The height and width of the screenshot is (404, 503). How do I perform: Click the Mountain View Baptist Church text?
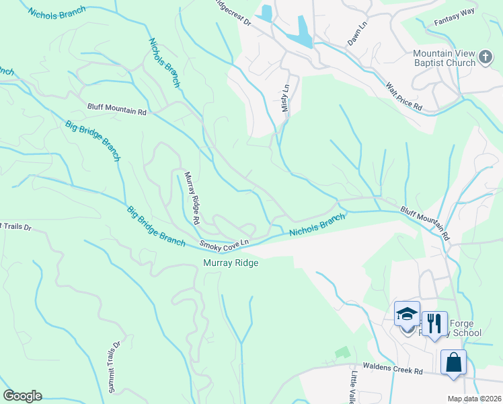tap(444, 59)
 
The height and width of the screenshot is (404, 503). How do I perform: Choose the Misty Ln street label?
tap(286, 98)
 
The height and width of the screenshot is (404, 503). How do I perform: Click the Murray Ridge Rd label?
tap(192, 197)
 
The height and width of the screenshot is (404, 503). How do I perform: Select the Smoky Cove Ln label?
tap(224, 242)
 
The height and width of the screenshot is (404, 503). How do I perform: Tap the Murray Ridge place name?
tap(231, 263)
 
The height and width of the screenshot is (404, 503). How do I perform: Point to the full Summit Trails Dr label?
tap(115, 367)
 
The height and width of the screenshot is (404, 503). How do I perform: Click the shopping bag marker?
tap(453, 362)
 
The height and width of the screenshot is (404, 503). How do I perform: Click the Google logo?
tap(22, 395)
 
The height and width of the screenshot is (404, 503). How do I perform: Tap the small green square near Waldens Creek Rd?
tap(342, 352)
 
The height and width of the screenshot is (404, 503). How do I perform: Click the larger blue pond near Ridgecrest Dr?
tap(303, 31)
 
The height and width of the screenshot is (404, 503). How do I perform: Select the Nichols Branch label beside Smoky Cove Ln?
tap(317, 225)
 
